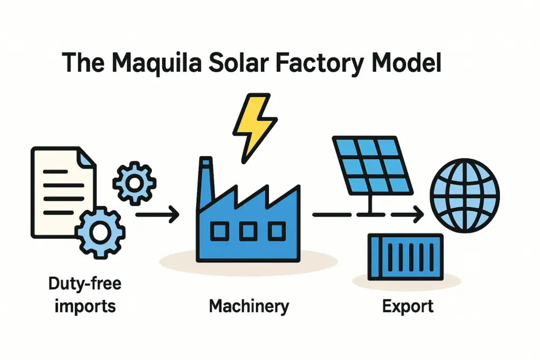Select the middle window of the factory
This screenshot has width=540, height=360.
pos(249,230)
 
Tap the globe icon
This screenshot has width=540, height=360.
pos(465,196)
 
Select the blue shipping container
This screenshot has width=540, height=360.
pos(404,257)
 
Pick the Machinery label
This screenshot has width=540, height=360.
pos(249,306)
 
